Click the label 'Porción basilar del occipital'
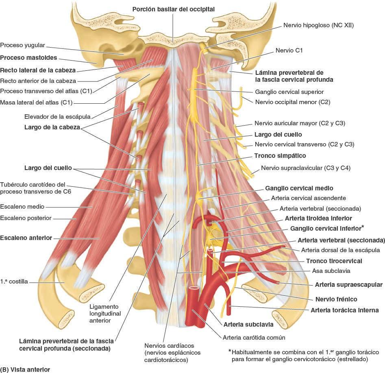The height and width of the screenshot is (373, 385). point(173,9)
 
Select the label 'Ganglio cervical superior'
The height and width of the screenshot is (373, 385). point(289,92)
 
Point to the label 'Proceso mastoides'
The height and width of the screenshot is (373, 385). point(28,57)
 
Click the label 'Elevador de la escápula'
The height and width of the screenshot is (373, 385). point(57,116)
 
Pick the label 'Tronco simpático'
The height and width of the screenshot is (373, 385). point(280,155)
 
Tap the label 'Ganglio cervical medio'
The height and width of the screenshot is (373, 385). point(299,188)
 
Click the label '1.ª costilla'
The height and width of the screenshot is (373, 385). point(14,281)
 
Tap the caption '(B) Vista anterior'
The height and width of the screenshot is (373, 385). point(25,370)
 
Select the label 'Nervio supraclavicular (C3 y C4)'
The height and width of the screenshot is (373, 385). point(305,168)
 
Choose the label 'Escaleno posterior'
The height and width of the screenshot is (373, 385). point(26,218)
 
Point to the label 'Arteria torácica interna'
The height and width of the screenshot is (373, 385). point(344,310)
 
